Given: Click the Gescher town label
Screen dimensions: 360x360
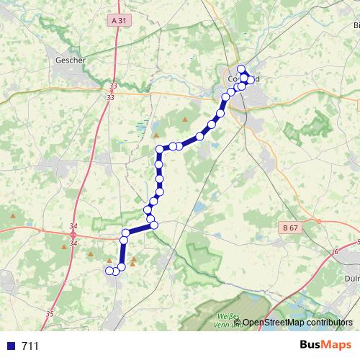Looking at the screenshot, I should pos(71,60).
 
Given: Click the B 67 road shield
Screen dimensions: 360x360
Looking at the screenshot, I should pos(290,228).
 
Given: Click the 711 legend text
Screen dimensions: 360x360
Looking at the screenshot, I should pos(30,346).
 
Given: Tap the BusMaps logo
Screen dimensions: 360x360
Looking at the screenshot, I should pos(325,345).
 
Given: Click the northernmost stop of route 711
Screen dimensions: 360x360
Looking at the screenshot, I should pos(242,69).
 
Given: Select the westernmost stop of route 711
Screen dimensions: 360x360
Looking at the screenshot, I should pos(109,271).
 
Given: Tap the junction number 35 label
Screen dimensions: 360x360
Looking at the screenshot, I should pos(50,314).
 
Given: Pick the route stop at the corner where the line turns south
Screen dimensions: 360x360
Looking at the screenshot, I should pos(160,150).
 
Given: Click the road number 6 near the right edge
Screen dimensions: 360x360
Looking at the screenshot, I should pos(335,252).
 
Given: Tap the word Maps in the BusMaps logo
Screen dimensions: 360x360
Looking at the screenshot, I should pos(337,345).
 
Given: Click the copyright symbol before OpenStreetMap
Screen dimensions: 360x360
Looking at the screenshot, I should pos(238,323).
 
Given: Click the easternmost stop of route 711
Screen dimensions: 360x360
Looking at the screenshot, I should pos(251,78).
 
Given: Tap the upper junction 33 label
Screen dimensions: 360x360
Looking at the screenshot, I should pos(109,85).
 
